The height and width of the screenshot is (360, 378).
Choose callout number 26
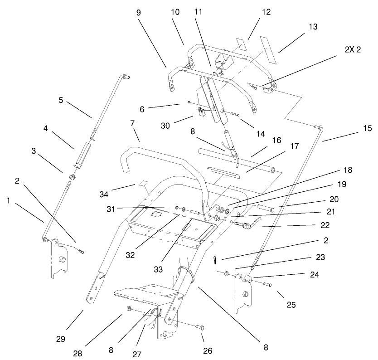pyautogui.click(x=208, y=350)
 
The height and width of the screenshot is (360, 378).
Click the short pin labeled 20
pyautogui.click(x=265, y=209)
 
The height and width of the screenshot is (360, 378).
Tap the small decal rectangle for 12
pyautogui.click(x=242, y=45)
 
